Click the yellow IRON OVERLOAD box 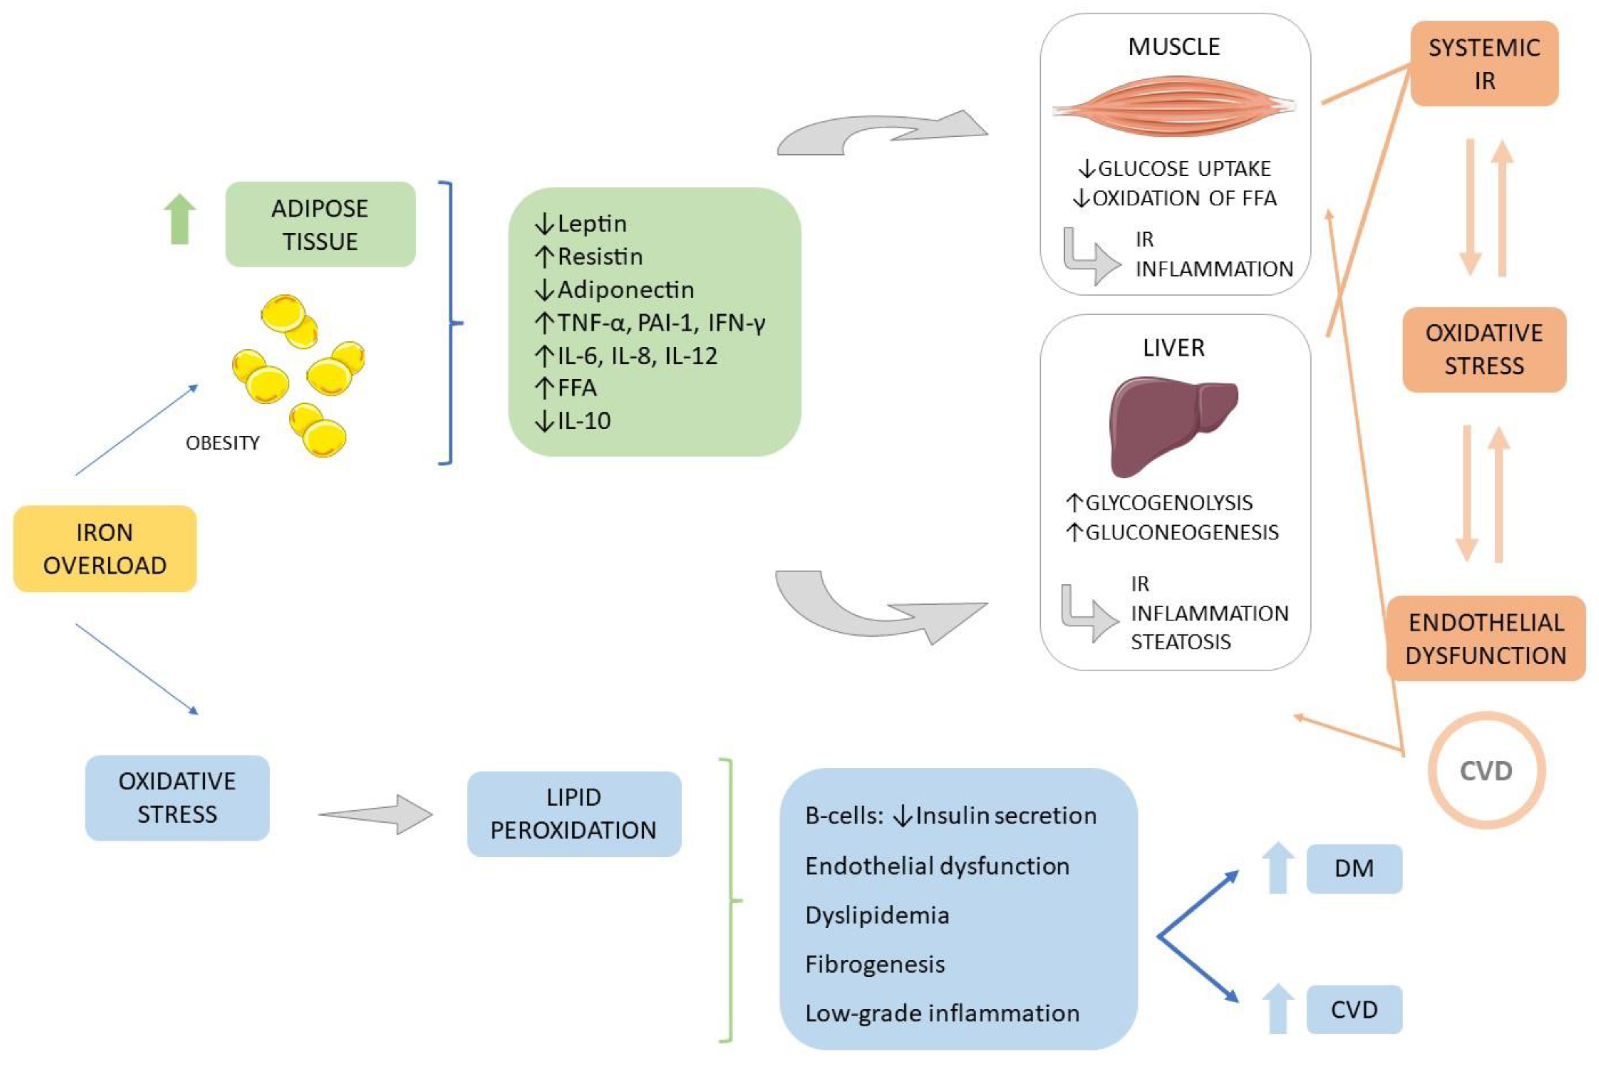click(105, 549)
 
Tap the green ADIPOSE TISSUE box click(320, 224)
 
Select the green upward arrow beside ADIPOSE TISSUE click(180, 219)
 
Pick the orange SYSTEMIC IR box click(1484, 64)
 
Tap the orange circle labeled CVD click(1485, 770)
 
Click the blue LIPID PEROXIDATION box click(573, 813)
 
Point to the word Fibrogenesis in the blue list click(874, 964)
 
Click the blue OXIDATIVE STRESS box click(177, 797)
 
